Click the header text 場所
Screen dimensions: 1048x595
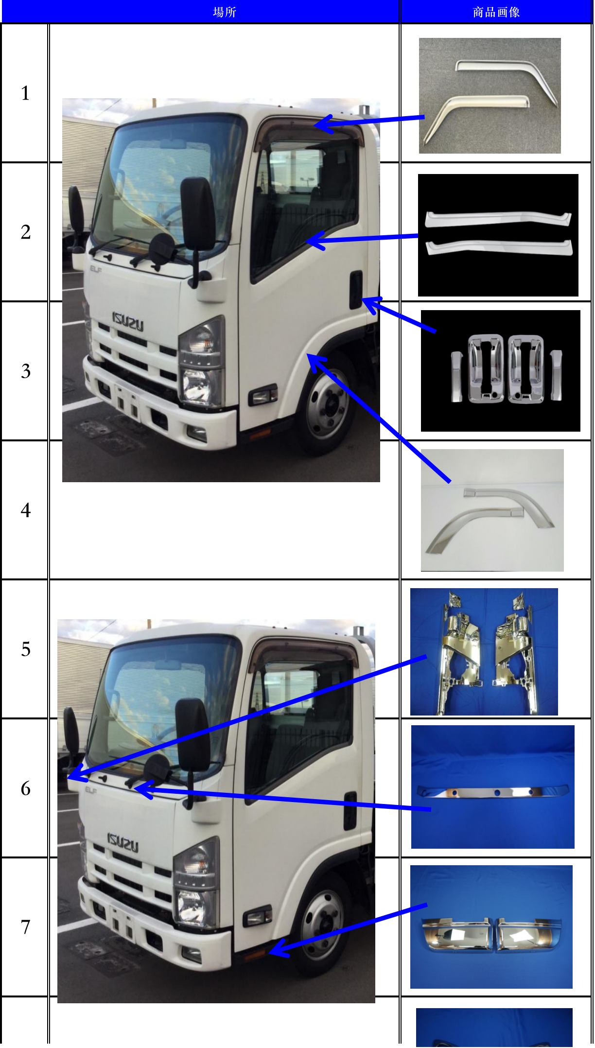click(x=224, y=12)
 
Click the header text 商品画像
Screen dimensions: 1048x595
click(x=496, y=12)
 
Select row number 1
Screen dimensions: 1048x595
click(x=25, y=93)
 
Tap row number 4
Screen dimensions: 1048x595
click(x=25, y=510)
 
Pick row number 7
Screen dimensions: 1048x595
click(x=25, y=927)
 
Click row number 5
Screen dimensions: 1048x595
click(x=25, y=649)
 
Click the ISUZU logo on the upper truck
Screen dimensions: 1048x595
click(x=128, y=322)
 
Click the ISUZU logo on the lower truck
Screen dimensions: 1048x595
click(x=122, y=842)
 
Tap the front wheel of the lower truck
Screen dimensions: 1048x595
click(x=322, y=925)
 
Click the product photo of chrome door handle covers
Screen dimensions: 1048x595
click(x=500, y=371)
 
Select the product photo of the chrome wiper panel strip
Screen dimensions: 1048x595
click(x=492, y=787)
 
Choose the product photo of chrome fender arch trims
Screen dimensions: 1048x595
click(x=492, y=510)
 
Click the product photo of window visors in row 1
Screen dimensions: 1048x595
click(x=490, y=96)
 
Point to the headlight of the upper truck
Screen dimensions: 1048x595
click(x=202, y=362)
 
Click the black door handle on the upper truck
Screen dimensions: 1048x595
click(x=355, y=290)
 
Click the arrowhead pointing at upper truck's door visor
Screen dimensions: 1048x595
click(x=321, y=124)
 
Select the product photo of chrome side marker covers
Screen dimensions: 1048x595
click(x=491, y=927)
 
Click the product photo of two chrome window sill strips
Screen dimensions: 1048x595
click(x=498, y=235)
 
